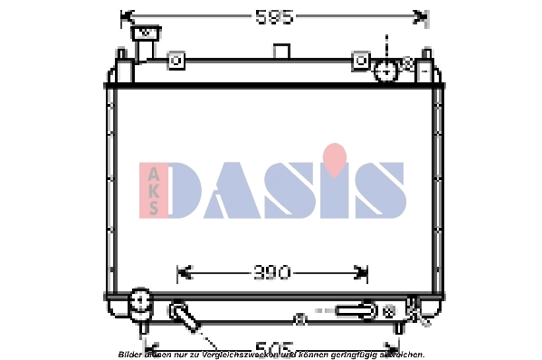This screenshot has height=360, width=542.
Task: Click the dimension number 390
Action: (271, 271)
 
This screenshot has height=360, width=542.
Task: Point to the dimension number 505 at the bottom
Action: (273, 346)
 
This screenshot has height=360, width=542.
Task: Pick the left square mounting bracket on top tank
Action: (177, 61)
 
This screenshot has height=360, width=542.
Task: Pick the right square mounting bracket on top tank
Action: (361, 61)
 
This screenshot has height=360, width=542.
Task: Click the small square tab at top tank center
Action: (281, 51)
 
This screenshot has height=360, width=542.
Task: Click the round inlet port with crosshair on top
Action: (386, 70)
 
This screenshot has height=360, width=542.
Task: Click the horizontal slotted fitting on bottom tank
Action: (355, 310)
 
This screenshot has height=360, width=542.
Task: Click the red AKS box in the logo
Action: (153, 190)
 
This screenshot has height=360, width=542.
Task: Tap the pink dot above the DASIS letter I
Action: (335, 157)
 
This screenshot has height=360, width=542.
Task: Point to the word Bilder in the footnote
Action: (129, 355)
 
